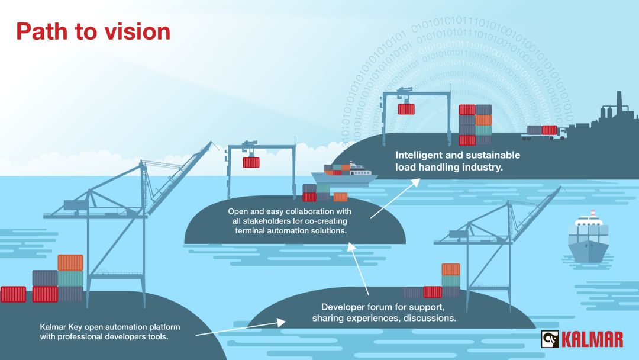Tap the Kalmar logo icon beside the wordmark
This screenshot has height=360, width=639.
550,339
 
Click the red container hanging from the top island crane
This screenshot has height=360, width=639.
406,108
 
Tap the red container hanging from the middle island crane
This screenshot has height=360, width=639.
251,162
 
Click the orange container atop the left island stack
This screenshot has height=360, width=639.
70,262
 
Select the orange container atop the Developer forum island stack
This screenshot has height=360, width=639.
451,269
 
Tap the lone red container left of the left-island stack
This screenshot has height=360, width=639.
13,294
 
